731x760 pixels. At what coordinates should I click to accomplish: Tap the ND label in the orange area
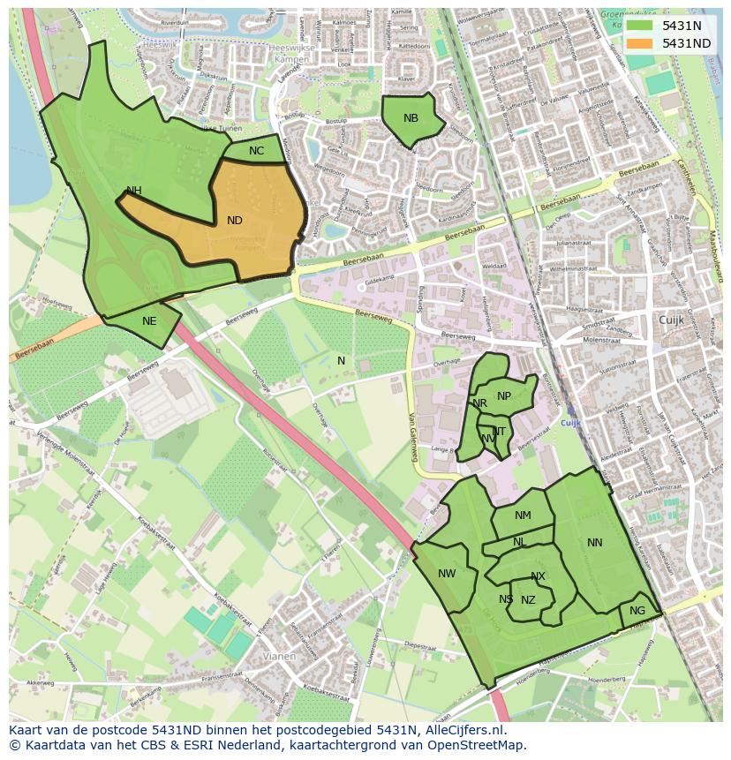tap(235, 221)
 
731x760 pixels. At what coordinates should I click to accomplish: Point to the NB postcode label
tap(411, 118)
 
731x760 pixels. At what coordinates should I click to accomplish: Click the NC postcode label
tap(256, 151)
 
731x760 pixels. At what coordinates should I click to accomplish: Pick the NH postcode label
tap(134, 191)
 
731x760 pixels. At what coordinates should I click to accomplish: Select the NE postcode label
tap(149, 321)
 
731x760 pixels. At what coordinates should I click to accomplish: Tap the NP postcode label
tap(504, 396)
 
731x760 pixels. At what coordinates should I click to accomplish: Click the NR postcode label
tap(479, 403)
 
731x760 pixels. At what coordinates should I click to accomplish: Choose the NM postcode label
tap(523, 515)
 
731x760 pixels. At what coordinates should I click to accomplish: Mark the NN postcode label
tap(595, 543)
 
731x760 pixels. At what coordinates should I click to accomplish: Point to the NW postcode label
tap(447, 574)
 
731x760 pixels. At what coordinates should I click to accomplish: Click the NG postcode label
tap(637, 611)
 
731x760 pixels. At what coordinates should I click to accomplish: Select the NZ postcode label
tap(528, 600)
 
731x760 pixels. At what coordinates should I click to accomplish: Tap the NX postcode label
tap(538, 576)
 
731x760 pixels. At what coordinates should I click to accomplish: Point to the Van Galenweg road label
tap(412, 439)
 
